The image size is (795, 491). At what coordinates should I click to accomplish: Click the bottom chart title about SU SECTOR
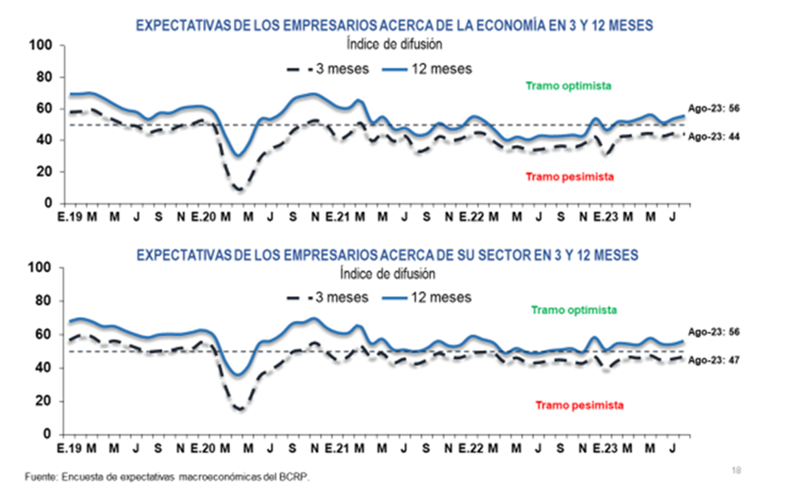[387, 255]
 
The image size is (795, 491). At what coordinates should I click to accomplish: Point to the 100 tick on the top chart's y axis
[42, 46]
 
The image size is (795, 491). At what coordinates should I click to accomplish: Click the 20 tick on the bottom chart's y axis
[46, 401]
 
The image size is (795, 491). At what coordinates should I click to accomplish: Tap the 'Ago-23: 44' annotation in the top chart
[713, 137]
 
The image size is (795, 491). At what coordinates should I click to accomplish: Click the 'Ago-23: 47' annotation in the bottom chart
[713, 360]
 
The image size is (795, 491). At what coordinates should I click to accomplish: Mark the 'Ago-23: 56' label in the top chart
[713, 108]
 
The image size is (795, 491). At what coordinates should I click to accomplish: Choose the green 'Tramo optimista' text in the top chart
[569, 86]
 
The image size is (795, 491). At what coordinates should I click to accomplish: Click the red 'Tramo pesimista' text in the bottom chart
[580, 405]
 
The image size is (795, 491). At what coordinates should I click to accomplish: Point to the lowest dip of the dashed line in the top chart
[239, 190]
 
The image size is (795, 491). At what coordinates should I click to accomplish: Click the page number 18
[737, 470]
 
